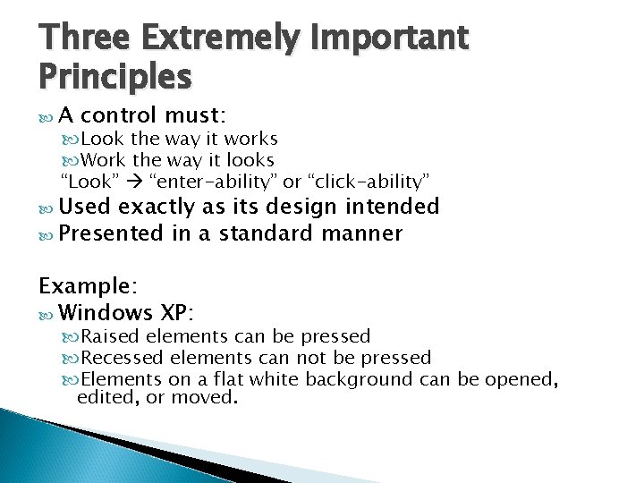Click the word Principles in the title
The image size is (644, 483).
point(114,78)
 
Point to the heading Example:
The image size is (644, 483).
point(87,286)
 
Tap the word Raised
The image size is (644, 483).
point(110,337)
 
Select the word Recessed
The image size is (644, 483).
point(120,358)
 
